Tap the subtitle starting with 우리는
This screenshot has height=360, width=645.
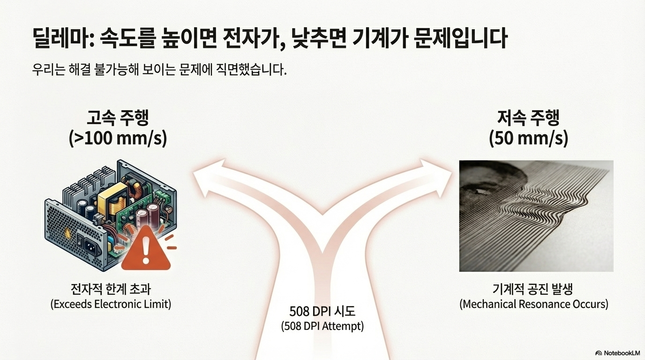pyautogui.click(x=159, y=71)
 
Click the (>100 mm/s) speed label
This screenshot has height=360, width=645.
pyautogui.click(x=118, y=139)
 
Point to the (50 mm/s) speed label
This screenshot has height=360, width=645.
pyautogui.click(x=528, y=139)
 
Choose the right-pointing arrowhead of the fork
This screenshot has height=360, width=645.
pyautogui.click(x=438, y=176)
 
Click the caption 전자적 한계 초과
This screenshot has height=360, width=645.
pyautogui.click(x=111, y=288)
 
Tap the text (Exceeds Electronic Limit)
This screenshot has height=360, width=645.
pyautogui.click(x=111, y=304)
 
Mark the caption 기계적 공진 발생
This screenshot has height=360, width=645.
pyautogui.click(x=533, y=288)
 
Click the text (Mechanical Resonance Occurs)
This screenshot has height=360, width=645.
pyautogui.click(x=533, y=304)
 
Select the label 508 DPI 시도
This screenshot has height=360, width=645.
pyautogui.click(x=322, y=311)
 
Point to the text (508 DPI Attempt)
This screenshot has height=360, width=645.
pyautogui.click(x=322, y=326)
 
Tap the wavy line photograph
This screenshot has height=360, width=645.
pyautogui.click(x=536, y=216)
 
